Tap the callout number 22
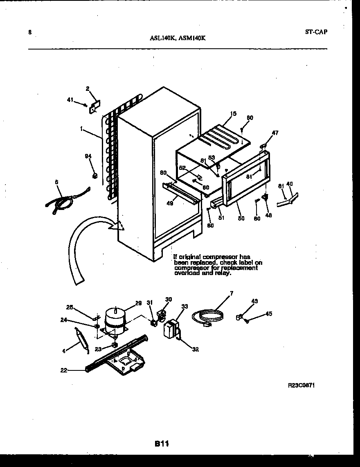(x=63, y=370)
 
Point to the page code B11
(x=162, y=443)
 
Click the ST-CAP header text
(x=316, y=32)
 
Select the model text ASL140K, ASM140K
(x=178, y=38)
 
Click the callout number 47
(x=275, y=133)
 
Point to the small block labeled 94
(x=94, y=176)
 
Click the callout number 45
(x=268, y=314)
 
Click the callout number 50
(x=241, y=218)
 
